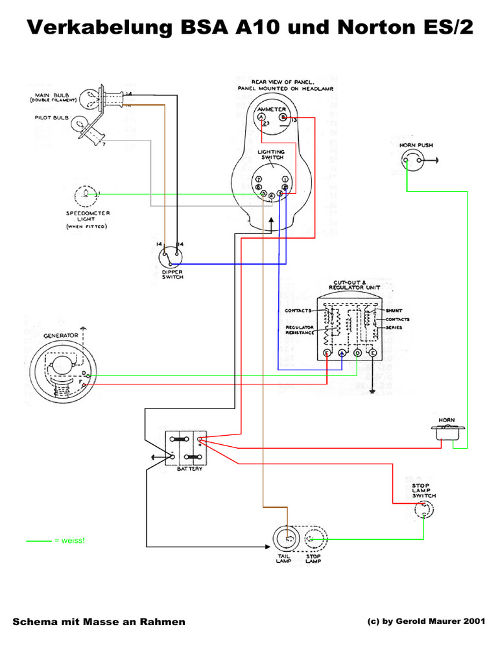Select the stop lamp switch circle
pos(424,511)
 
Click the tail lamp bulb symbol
pos(287,539)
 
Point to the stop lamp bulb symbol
pos(313,539)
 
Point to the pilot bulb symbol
pos(80,123)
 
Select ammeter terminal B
pos(283,117)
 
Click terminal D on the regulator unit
pos(357,353)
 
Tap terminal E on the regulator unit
pos(373,353)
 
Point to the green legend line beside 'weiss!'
pos(38,540)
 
